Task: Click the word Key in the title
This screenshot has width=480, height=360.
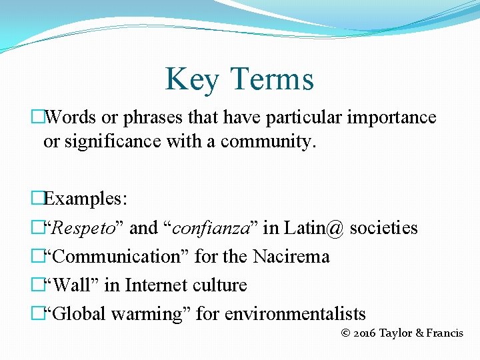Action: click(191, 79)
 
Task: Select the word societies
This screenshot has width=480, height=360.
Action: click(383, 228)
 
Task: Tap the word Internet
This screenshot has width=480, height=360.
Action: click(156, 285)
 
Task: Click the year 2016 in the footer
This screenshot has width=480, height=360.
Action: click(364, 333)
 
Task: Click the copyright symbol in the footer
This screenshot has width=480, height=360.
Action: click(345, 333)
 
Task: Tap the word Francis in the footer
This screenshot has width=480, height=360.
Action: click(445, 333)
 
